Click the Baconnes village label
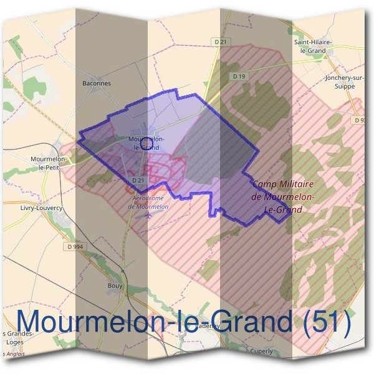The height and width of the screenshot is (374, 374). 96,82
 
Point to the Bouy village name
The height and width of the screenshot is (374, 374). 115,286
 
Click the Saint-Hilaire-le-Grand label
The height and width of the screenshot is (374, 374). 314,46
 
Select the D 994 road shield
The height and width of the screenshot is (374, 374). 74,246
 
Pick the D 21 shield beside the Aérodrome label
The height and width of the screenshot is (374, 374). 138,180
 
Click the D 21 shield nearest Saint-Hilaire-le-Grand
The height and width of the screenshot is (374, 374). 219,42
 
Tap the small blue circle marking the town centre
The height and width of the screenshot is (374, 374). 147,145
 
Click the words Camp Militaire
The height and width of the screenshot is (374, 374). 284,185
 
